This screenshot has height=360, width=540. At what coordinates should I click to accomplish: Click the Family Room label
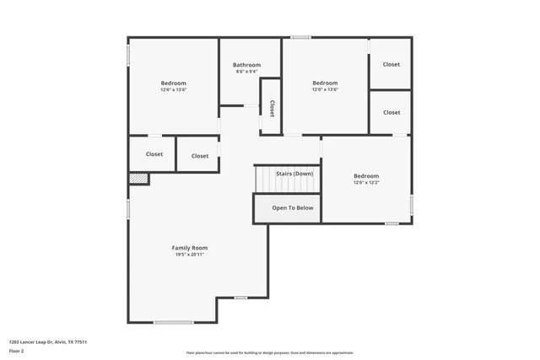pos(189,248)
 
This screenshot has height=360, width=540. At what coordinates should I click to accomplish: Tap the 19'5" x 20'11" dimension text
pos(189,255)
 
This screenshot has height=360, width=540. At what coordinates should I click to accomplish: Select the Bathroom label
pos(247,65)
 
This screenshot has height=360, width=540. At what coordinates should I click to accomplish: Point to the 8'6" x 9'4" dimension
pos(247,72)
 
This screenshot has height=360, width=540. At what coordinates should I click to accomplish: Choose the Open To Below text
pos(292,207)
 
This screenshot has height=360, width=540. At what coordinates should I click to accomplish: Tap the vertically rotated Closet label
pos(272,108)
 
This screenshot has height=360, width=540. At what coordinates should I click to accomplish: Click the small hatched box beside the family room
pos(138,179)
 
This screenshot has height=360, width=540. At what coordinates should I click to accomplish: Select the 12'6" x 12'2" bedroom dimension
pos(365,183)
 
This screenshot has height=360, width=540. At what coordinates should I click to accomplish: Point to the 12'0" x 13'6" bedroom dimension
pos(325,89)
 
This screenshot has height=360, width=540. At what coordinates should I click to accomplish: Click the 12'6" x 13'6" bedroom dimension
pos(174,89)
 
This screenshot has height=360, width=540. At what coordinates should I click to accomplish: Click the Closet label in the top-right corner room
pos(391,65)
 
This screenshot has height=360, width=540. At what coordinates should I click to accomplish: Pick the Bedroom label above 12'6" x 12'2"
pos(365,176)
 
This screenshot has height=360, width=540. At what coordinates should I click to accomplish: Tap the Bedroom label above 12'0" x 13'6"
pos(325,83)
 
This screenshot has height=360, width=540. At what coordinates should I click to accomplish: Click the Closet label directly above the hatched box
pos(154,154)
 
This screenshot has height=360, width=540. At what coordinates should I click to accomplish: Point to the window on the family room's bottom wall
pos(173,322)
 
